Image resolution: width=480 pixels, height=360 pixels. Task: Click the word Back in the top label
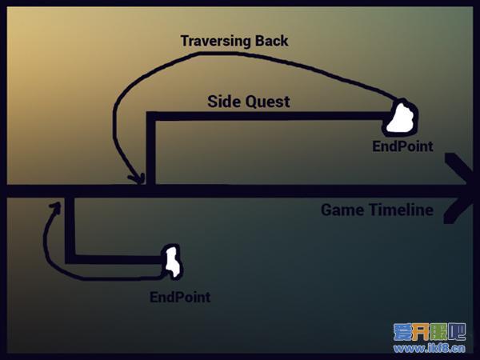pos(272,41)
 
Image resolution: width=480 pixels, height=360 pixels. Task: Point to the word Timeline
pos(402,210)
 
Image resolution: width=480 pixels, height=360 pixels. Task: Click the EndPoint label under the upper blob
pos(403,146)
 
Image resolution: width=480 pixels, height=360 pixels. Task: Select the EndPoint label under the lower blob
pos(180,297)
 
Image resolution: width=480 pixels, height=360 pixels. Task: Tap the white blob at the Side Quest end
pos(401,118)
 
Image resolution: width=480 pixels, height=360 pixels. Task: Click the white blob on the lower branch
pos(172,262)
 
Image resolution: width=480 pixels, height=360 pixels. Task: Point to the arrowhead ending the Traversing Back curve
pos(138,178)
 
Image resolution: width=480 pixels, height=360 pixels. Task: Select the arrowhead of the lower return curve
pos(56,207)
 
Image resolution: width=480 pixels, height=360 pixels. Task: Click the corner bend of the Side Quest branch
pos(151,116)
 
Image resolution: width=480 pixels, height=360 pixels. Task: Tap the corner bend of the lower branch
pos(70,259)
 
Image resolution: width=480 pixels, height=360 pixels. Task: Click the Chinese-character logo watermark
pos(430,332)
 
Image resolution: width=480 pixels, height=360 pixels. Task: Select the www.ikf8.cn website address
pos(430,348)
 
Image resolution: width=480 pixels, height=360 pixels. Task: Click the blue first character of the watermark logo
pos(402,332)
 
